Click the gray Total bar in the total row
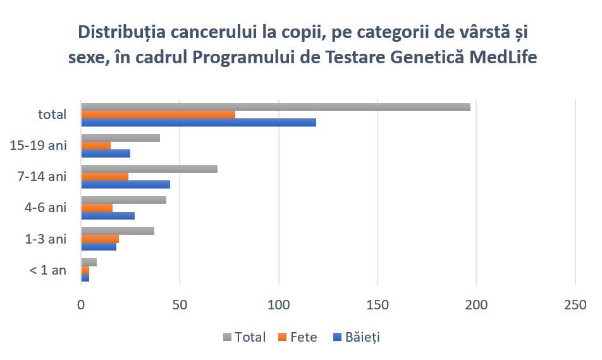point(276,107)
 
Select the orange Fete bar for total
point(158,115)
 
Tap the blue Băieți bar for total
point(199,122)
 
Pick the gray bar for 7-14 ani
point(149,169)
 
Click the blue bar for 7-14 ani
point(126,184)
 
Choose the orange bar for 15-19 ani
point(96,146)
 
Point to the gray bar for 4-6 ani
point(124,200)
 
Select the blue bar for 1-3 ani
point(99,247)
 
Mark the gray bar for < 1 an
point(89,263)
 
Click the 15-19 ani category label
point(39,146)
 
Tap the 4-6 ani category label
point(46,208)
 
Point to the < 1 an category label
point(48,270)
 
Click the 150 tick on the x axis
point(378,305)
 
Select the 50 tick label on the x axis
point(180,305)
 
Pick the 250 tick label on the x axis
point(575,305)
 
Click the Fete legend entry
point(298,337)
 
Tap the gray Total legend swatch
point(227,337)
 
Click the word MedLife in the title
point(503,57)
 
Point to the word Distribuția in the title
point(122,32)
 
